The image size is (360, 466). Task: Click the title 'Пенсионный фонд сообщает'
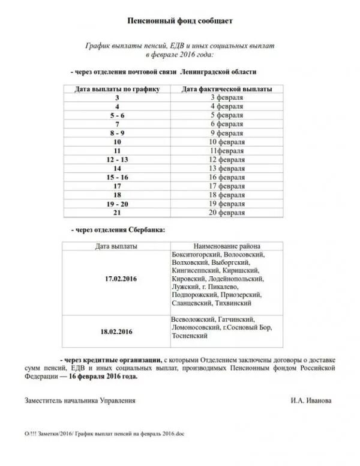click(x=180, y=21)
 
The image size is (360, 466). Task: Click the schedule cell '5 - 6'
click(x=117, y=115)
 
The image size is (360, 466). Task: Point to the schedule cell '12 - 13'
click(x=117, y=160)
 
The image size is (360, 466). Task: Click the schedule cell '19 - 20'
click(x=117, y=204)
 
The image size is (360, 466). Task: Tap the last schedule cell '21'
click(x=117, y=213)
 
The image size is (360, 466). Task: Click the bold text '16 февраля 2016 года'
click(x=103, y=377)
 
